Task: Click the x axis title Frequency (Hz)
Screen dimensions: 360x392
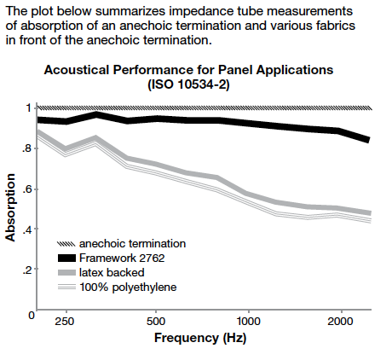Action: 201,338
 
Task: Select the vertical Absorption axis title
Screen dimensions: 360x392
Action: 10,206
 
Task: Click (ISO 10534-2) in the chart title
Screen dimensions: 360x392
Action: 201,84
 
